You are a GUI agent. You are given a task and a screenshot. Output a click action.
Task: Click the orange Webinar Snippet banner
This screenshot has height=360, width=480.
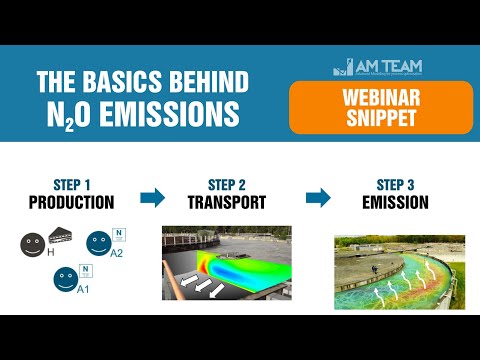pyautogui.click(x=381, y=108)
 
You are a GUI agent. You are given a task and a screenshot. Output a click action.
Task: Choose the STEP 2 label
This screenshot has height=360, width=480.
pyautogui.click(x=226, y=184)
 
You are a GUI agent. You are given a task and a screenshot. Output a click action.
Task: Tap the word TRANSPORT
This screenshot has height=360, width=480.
pyautogui.click(x=226, y=201)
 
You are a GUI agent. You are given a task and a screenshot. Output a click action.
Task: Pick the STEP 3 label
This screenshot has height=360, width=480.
pyautogui.click(x=394, y=184)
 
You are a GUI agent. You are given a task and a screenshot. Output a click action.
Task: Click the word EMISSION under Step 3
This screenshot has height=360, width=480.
pyautogui.click(x=394, y=201)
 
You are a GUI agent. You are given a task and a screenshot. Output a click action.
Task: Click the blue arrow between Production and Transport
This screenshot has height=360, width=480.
pyautogui.click(x=152, y=197)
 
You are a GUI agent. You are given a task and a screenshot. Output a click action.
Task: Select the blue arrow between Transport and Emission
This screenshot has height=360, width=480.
pyautogui.click(x=318, y=197)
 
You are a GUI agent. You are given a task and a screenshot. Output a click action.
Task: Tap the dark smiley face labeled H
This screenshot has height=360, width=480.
pyautogui.click(x=33, y=244)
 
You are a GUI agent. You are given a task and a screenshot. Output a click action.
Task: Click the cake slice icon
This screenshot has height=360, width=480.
pyautogui.click(x=57, y=237)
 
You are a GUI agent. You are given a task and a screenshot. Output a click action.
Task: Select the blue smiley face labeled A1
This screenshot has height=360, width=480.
pyautogui.click(x=66, y=277)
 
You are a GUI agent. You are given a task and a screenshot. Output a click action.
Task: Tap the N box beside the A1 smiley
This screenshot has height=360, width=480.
pyautogui.click(x=85, y=269)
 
